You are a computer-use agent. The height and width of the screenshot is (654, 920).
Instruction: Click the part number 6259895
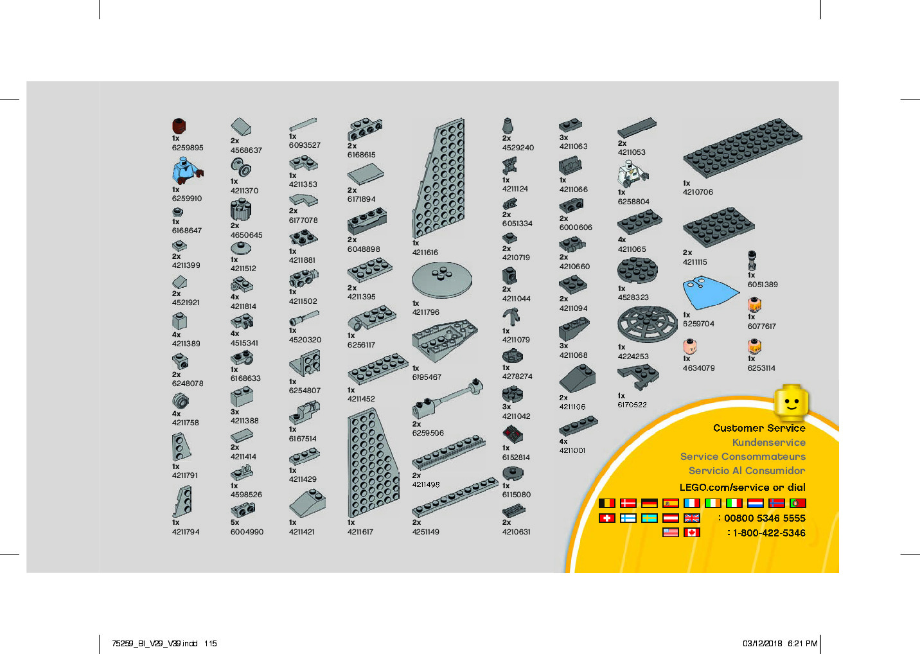click(187, 148)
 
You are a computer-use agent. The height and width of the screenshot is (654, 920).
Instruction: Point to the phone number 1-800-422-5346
click(768, 533)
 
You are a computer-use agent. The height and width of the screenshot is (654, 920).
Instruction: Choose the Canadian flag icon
click(691, 533)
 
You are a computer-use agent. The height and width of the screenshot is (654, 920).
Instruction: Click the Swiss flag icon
click(606, 518)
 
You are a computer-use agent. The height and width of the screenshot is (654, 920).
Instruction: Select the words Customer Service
click(759, 428)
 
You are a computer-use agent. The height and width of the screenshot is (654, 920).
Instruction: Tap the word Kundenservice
click(768, 442)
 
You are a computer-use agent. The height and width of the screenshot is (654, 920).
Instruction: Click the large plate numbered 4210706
click(743, 147)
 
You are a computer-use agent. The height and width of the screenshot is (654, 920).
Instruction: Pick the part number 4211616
click(425, 252)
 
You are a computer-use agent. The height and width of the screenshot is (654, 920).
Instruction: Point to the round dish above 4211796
click(441, 279)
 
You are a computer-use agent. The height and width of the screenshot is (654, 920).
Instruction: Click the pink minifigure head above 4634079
click(689, 347)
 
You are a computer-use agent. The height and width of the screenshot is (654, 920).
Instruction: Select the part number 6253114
click(761, 368)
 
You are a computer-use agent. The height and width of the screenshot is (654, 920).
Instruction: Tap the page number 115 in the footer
click(211, 643)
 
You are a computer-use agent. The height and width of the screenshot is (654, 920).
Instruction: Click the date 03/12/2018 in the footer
click(762, 643)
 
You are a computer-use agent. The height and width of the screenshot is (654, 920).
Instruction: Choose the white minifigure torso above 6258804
click(633, 173)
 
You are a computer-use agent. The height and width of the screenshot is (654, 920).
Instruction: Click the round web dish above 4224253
click(647, 324)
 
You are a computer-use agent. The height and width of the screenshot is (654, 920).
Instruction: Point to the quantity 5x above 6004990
click(234, 522)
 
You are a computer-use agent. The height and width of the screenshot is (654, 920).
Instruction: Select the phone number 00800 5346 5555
click(765, 518)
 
